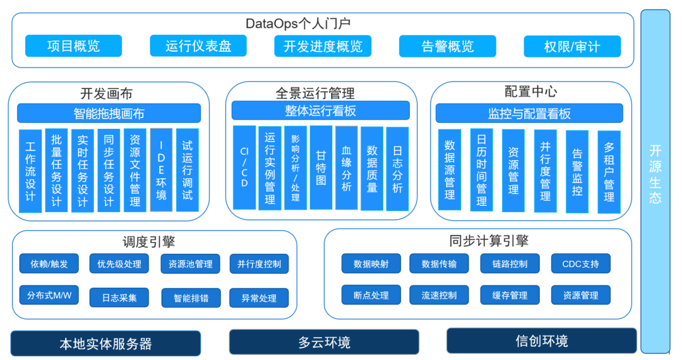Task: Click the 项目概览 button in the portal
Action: tap(73, 46)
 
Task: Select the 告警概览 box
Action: tap(447, 46)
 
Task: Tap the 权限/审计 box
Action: tap(572, 46)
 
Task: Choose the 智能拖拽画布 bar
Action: tap(109, 114)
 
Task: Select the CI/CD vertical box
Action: tap(244, 167)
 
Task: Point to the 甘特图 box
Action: tap(321, 167)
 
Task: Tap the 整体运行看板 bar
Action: tap(320, 111)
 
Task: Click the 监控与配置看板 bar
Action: tap(529, 114)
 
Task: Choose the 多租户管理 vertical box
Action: tap(609, 172)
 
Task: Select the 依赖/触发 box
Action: tap(49, 264)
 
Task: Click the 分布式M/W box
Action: tap(49, 296)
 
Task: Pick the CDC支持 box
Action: tap(580, 264)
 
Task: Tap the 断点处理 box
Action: tap(371, 295)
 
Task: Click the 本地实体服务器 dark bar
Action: tap(105, 344)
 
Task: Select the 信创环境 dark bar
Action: tap(541, 341)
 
